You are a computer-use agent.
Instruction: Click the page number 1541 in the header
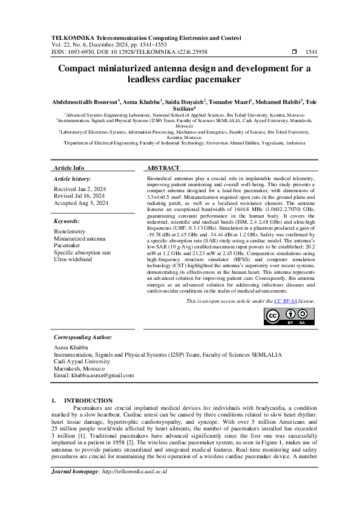click(312, 52)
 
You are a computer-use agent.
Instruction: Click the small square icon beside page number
click(294, 52)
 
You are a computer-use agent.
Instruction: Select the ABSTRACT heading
click(163, 167)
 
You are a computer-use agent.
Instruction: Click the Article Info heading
click(69, 167)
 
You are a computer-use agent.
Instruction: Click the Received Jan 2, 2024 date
click(79, 189)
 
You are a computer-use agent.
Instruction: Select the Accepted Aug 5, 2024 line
click(81, 203)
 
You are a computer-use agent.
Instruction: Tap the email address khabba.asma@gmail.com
click(93, 375)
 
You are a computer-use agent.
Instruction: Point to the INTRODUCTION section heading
click(88, 400)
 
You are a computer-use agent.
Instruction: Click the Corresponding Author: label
click(82, 337)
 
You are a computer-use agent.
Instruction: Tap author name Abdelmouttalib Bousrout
click(85, 103)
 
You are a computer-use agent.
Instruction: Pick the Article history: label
click(72, 179)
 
